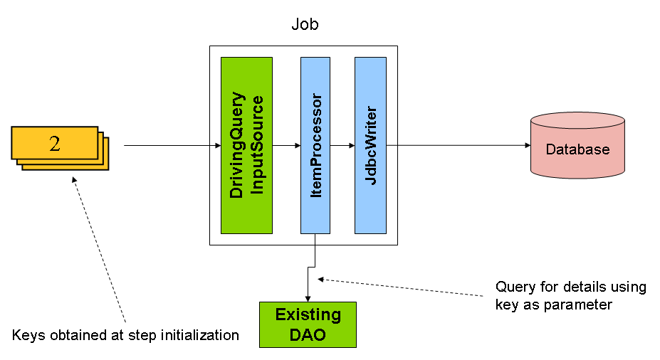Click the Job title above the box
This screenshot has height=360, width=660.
click(x=305, y=24)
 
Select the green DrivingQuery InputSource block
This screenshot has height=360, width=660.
click(x=246, y=145)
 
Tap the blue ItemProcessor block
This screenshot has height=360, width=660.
click(x=315, y=145)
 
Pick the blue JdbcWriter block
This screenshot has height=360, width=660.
click(x=370, y=145)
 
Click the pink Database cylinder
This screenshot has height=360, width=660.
click(x=577, y=147)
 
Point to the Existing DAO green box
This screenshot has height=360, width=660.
click(x=308, y=324)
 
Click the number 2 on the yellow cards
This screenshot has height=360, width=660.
click(x=55, y=143)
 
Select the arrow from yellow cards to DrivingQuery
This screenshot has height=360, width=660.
click(x=171, y=146)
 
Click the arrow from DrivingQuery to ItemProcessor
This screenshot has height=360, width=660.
click(x=286, y=146)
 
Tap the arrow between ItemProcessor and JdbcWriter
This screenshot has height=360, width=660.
click(x=342, y=146)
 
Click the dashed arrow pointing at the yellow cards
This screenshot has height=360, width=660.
click(x=100, y=249)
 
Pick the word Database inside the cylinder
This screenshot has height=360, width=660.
click(x=577, y=149)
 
